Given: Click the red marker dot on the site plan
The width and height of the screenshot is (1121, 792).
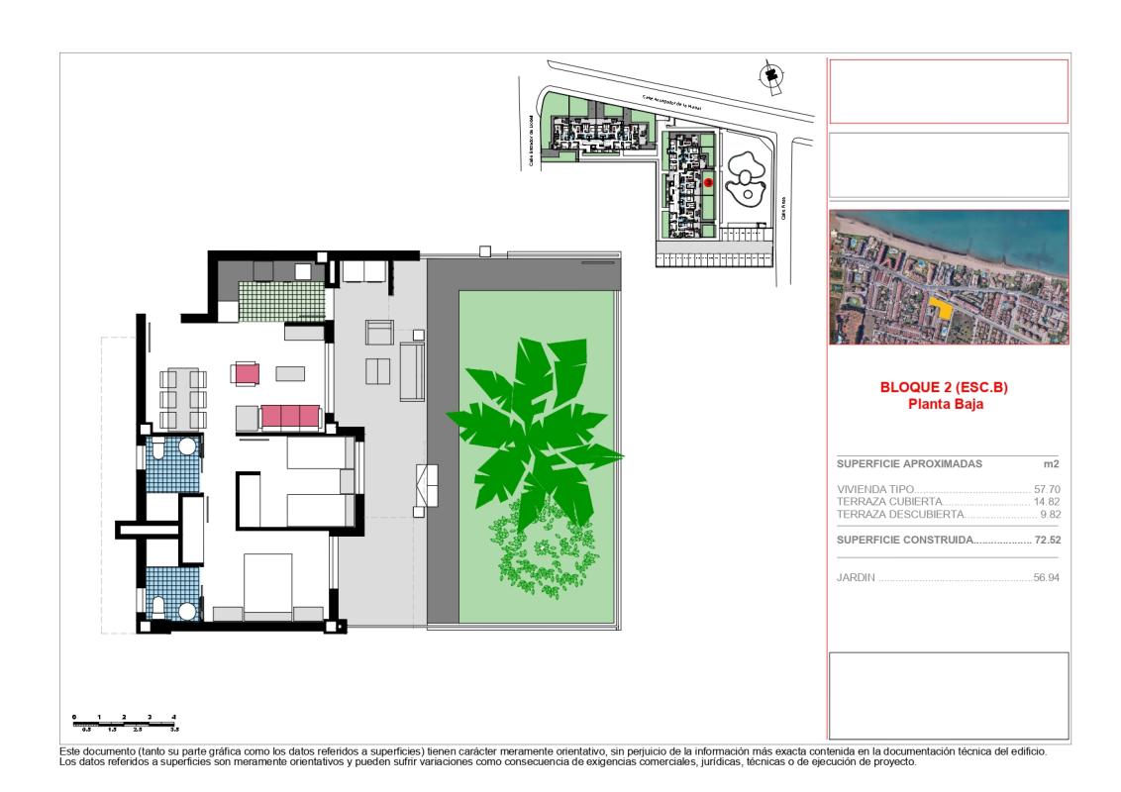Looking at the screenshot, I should coord(708,182).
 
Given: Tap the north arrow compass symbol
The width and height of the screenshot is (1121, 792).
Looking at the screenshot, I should coord(767,75).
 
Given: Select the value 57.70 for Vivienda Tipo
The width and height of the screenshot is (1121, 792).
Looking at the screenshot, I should coord(1047,489).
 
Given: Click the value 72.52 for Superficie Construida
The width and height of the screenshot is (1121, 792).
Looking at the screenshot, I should coord(1047,541).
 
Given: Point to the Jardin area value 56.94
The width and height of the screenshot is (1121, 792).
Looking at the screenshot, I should coord(1047,575).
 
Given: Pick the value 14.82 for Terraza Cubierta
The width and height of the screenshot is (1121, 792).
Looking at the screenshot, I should coord(1047,502).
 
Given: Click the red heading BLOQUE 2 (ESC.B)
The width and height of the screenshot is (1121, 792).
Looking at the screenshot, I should coord(948,388).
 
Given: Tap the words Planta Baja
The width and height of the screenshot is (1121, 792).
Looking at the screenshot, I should coord(948,403).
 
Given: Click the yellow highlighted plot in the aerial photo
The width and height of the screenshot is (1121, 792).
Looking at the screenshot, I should coord(946,309).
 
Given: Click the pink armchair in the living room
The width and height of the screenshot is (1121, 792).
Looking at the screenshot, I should coord(246,373).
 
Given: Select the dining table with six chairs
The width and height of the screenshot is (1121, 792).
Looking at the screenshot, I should coord(183,398).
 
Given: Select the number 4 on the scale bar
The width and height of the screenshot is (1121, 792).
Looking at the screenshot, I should coord(174,715).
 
